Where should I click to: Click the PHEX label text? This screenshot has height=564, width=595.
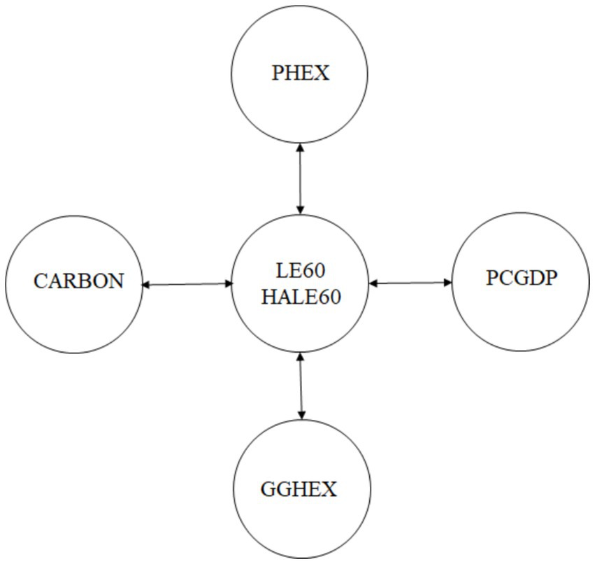pos(300,73)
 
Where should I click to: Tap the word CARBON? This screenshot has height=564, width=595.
pos(78,281)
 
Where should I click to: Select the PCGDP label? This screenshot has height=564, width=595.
pos(522,279)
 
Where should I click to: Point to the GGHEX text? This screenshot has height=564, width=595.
pos(299,489)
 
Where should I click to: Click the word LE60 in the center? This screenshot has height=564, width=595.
pos(301,269)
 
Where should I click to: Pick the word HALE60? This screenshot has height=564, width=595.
pos(301,297)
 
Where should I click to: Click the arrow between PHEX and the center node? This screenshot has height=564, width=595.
pos(300,178)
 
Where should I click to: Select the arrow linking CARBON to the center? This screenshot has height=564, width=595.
pos(187,284)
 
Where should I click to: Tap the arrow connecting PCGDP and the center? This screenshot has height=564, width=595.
pos(411,283)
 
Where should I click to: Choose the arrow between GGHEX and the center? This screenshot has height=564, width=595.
pos(301,386)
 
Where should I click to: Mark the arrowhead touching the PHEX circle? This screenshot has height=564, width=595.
pos(300,148)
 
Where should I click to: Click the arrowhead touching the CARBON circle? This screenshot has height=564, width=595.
pos(146,285)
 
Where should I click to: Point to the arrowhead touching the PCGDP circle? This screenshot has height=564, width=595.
pos(448,283)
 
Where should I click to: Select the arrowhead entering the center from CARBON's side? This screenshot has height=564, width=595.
pos(229,283)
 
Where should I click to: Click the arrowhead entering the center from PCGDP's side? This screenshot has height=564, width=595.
pos(373,283)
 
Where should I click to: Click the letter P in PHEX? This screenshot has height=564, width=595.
pos(278,73)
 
